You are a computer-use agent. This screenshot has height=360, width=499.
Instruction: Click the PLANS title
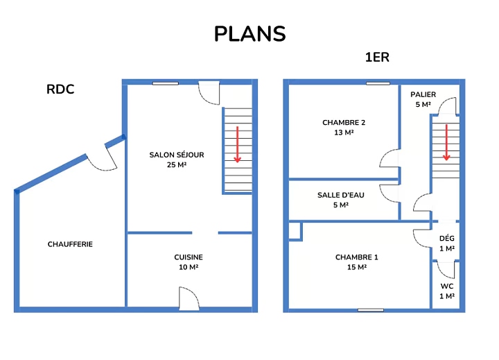249,34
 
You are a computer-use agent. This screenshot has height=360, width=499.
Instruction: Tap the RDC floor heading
60,89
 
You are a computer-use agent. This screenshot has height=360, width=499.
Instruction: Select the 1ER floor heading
377,58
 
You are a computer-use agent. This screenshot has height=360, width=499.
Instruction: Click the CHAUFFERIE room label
70,244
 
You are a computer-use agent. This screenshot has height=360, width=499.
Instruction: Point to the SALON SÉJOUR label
177,155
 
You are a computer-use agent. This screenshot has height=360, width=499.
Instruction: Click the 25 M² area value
177,164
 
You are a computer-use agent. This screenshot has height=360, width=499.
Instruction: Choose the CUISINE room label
189,257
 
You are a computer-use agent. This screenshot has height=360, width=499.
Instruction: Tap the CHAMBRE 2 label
344,123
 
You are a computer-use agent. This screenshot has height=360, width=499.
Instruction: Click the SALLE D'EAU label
341,195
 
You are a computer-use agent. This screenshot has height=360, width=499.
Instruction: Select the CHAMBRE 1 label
357,257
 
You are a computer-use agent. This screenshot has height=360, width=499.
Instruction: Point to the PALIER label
423,94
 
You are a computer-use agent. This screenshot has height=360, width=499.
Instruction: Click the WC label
447,286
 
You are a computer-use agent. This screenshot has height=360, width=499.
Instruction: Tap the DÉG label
447,239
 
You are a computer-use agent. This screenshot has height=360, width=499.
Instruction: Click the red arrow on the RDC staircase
237,144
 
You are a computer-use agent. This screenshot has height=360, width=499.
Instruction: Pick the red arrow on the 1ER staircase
446,142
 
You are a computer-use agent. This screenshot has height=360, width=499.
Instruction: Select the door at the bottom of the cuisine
189,298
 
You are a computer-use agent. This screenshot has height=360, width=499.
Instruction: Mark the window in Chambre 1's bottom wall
371,310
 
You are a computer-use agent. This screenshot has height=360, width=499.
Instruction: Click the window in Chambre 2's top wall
378,83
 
